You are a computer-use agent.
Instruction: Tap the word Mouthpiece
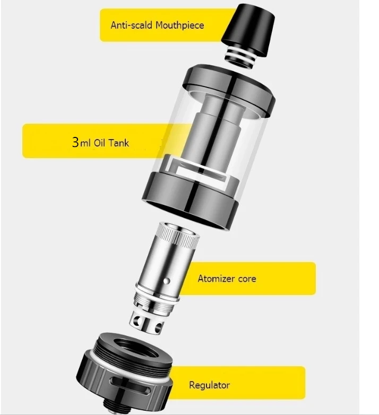(x=179, y=25)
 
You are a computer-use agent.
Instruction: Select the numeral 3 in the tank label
(x=75, y=142)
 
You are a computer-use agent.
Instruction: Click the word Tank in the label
(x=119, y=143)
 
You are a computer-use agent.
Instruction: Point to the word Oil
(x=100, y=143)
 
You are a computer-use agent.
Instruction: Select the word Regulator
(x=209, y=385)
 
